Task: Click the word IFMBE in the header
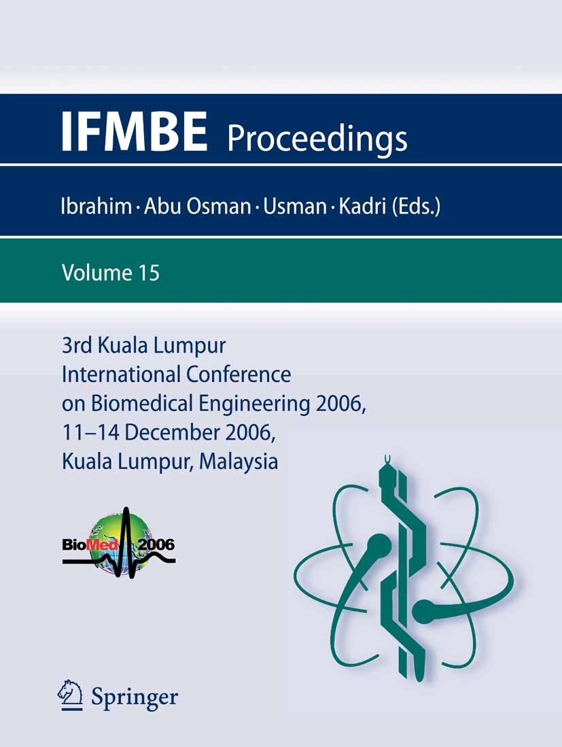point(134,131)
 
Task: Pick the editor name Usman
point(295,205)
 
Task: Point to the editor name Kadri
point(361,205)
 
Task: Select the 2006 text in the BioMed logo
point(156,544)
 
